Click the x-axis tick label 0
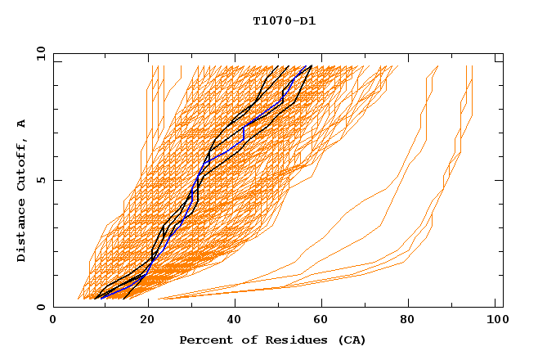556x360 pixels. coord(53,321)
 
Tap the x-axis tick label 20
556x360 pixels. coord(147,321)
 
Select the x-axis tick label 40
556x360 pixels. coord(235,321)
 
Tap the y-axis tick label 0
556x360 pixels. coord(40,307)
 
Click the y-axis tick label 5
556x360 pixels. coord(40,180)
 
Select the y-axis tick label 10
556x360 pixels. coord(40,53)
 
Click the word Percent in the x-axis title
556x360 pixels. coord(204,340)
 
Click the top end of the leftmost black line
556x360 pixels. coord(278,66)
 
